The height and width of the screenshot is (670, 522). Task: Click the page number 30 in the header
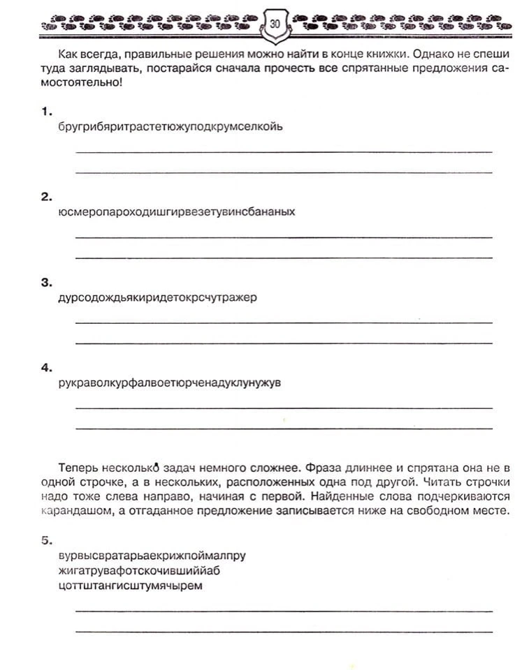[275, 24]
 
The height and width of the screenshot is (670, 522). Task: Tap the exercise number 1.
[46, 112]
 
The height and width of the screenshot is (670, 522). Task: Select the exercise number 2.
[46, 197]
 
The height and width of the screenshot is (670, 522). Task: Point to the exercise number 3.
[46, 283]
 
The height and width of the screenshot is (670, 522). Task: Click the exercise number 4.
[46, 367]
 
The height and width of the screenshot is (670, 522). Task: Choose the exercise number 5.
[46, 540]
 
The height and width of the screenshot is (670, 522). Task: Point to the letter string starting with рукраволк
[171, 382]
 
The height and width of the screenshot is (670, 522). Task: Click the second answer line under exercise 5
[283, 631]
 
